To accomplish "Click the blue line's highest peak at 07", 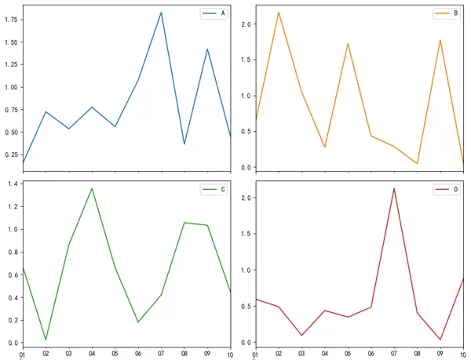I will coord(161,13).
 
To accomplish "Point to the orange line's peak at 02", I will coord(278,13).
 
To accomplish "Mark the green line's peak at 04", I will coord(92,188).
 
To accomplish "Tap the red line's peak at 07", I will coord(394,188).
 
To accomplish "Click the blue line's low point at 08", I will coord(184,144).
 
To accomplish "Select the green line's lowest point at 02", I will coord(46,340).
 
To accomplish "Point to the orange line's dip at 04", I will coord(324,147).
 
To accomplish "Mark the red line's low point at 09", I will coord(440,340).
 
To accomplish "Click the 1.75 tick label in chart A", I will coord(10,20).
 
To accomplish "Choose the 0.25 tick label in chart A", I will coord(10,155).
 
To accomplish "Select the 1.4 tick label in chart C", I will coord(13,184).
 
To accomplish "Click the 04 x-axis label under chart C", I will coord(92,354).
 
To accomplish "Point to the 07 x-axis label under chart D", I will coord(394,355).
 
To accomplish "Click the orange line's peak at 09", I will coord(440,40).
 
